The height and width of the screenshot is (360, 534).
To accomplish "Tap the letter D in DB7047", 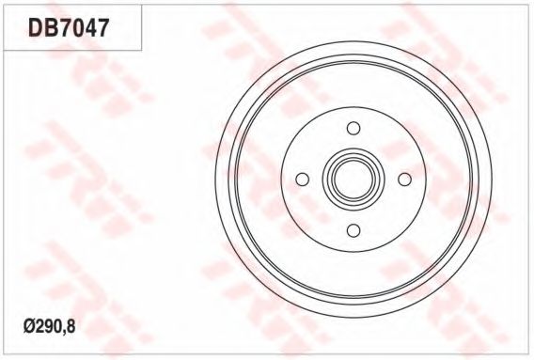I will coord(34,26).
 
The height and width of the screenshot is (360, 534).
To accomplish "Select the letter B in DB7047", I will coord(49,26).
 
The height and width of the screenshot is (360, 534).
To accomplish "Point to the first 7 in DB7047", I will coord(63,26).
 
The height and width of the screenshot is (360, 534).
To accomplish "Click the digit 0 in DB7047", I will coord(76,26).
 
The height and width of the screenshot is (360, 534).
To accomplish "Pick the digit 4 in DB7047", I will coord(89,26).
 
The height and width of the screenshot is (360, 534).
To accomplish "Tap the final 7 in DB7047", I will coord(102,26).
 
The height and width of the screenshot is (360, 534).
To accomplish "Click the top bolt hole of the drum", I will coord(353,128).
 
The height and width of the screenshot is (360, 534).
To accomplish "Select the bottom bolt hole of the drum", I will coord(353,230).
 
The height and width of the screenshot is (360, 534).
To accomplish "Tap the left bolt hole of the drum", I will coord(303,179).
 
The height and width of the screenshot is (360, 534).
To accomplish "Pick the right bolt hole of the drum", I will coord(404,179).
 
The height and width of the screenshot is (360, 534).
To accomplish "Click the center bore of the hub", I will coord(353,179).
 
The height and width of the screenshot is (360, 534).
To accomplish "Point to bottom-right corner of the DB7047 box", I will coord(141,49).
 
